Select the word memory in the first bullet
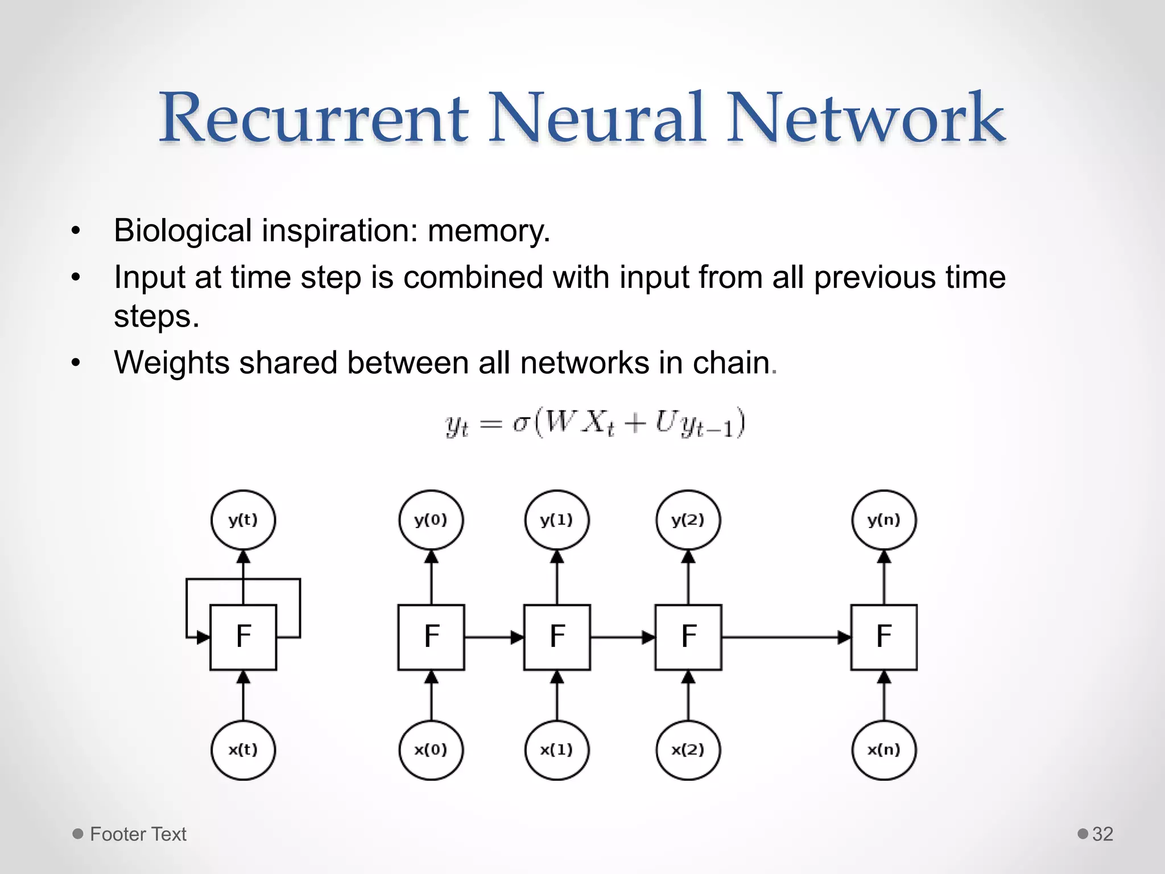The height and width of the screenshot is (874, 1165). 488,231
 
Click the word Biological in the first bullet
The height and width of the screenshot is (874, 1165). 183,231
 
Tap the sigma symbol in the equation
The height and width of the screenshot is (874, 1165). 521,423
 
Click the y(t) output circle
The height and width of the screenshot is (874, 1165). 243,520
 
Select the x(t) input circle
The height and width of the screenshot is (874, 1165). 243,749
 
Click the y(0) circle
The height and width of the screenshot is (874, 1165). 431,520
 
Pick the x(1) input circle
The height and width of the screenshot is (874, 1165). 556,749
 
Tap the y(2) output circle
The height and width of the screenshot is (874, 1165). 688,520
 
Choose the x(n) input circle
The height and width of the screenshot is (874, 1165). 883,749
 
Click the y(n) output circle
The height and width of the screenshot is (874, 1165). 883,520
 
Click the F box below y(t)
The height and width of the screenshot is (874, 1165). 243,637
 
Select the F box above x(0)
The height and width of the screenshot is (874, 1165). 431,637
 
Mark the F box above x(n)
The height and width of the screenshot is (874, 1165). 883,637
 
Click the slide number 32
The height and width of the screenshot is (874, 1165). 1102,834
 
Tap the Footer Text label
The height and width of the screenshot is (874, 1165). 138,834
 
